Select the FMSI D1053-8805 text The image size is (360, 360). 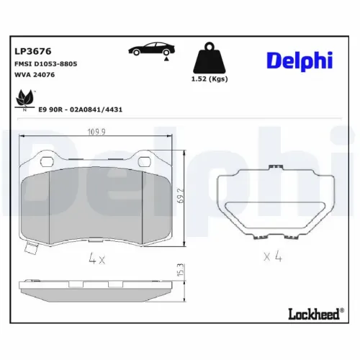[x=45, y=64]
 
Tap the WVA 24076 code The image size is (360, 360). [x=35, y=75]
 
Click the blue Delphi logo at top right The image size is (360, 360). [x=299, y=60]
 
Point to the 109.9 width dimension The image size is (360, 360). [x=96, y=132]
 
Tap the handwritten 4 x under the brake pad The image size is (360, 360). [x=96, y=258]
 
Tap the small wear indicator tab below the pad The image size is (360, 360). [x=30, y=250]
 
